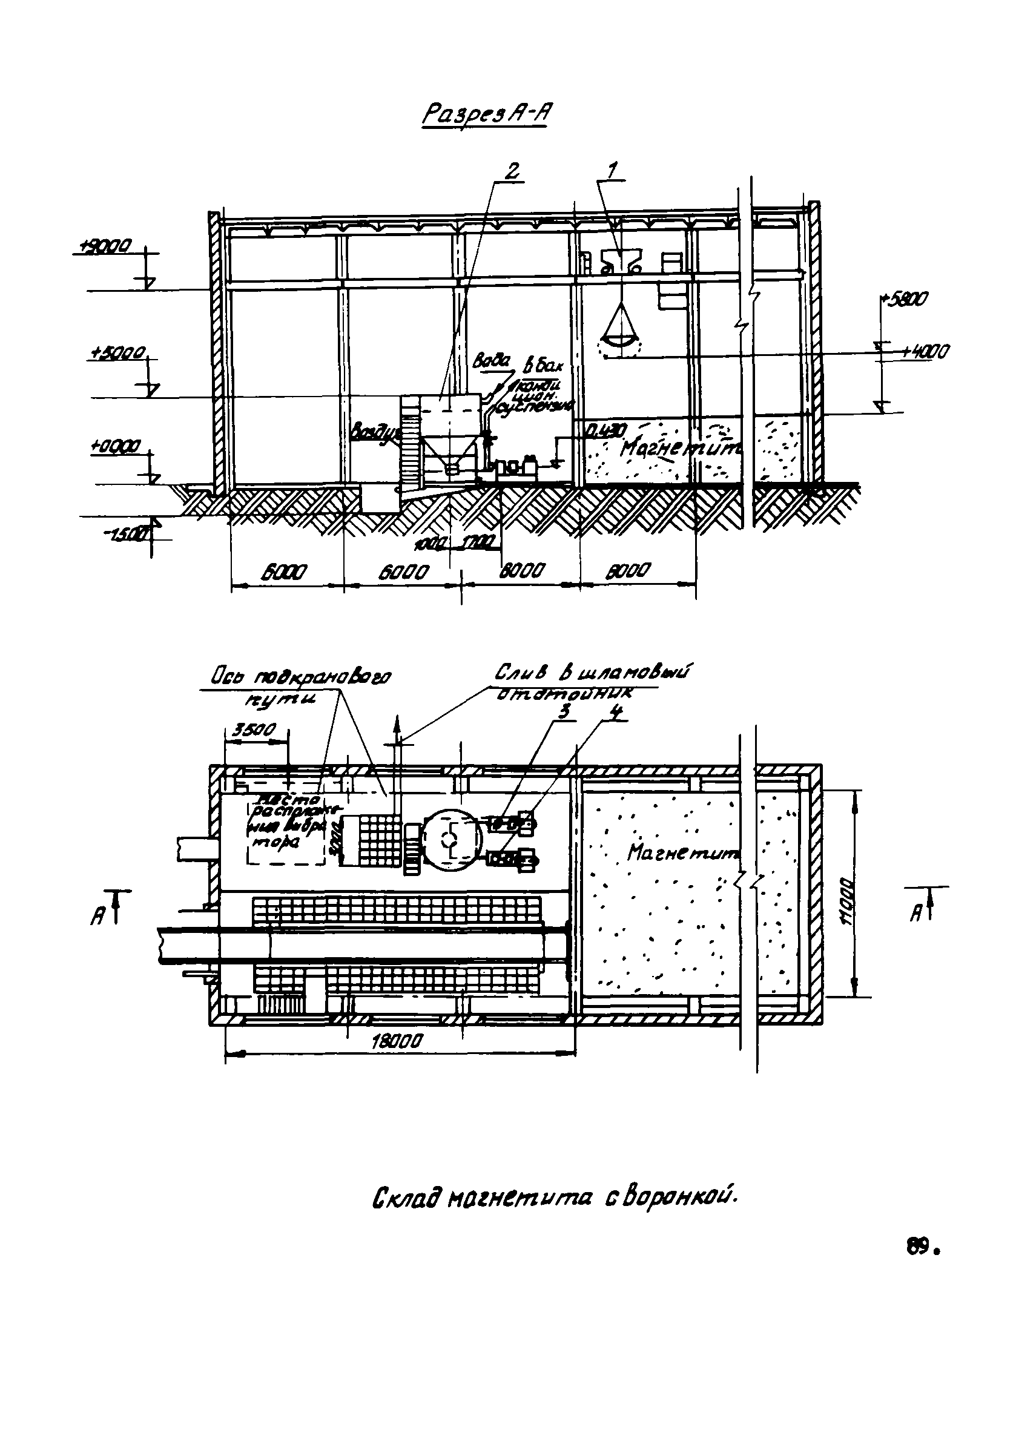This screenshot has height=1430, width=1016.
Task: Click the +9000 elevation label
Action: (x=103, y=246)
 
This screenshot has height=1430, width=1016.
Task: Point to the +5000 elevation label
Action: (x=117, y=354)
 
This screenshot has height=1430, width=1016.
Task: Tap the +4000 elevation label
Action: (x=925, y=352)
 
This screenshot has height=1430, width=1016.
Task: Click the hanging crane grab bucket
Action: (x=621, y=329)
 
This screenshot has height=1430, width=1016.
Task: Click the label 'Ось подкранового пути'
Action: (x=300, y=685)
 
